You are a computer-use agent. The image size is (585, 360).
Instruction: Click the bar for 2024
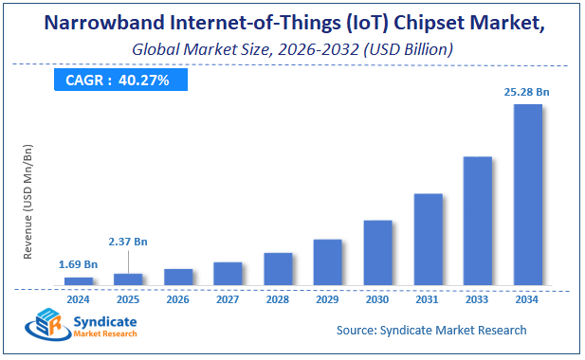click(x=79, y=280)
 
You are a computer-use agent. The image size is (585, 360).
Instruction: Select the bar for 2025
click(x=128, y=279)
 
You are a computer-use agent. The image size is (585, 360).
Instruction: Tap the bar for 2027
click(x=228, y=273)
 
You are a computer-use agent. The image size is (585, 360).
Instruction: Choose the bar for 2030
click(x=377, y=252)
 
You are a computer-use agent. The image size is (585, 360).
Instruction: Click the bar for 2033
click(x=477, y=220)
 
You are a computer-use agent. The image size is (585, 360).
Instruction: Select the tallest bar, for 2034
click(x=527, y=194)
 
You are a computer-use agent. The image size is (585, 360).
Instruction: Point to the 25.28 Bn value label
click(x=527, y=92)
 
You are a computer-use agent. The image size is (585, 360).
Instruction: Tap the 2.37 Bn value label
click(x=128, y=242)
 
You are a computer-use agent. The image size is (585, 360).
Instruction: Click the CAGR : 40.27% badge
click(x=117, y=81)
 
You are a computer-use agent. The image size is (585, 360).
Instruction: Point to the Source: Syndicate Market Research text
click(x=431, y=330)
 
